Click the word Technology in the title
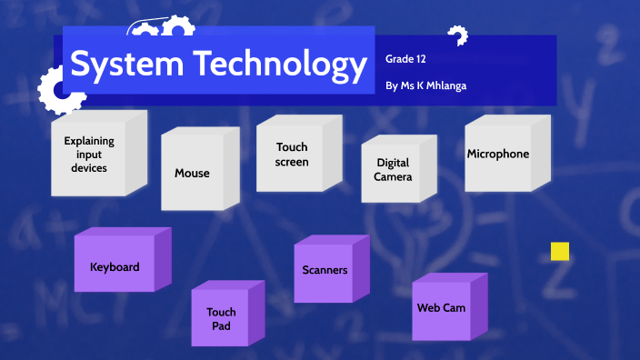click(274, 65)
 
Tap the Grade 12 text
click(406, 59)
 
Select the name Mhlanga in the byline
click(446, 86)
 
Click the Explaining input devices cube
click(90, 155)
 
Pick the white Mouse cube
click(193, 173)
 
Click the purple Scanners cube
click(325, 270)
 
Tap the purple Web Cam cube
click(442, 308)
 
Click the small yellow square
click(560, 252)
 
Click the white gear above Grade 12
click(456, 36)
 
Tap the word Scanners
click(325, 270)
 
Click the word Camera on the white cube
click(394, 176)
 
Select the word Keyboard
click(115, 267)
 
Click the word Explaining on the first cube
click(89, 141)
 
